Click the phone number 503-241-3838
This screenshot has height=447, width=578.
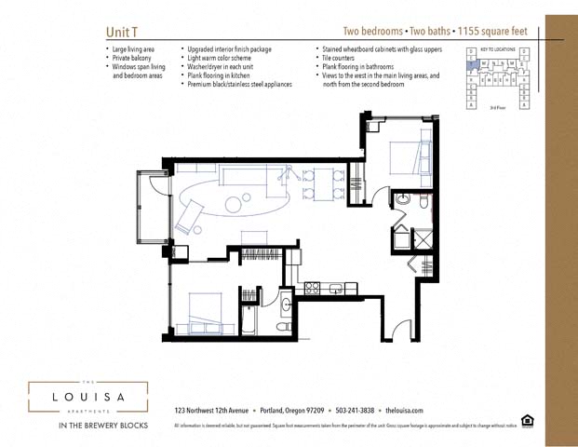(x=354, y=411)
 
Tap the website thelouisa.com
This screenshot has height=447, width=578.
(x=404, y=411)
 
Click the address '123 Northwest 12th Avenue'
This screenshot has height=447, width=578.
(x=211, y=411)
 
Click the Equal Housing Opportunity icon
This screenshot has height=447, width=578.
(x=528, y=422)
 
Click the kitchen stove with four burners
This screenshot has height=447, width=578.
(x=313, y=288)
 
